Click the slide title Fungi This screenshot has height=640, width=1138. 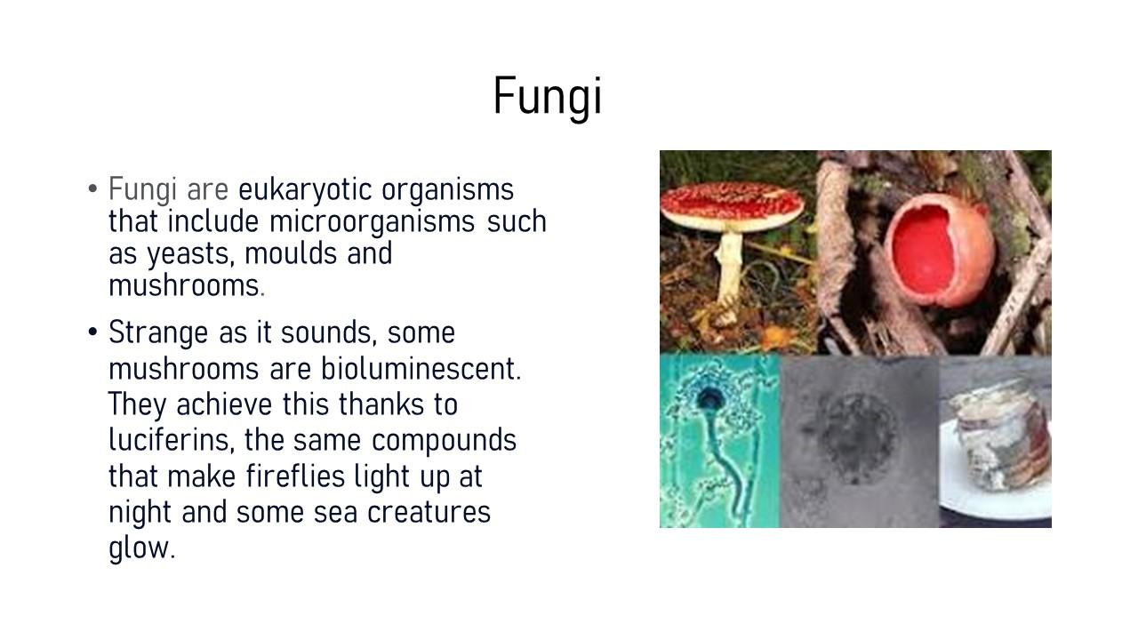548,97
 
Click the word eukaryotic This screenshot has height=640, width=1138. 305,190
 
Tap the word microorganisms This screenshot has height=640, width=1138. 372,222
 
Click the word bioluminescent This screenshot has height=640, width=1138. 421,368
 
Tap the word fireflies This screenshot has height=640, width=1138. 295,476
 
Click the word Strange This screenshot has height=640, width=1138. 158,333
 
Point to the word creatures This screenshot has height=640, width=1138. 429,513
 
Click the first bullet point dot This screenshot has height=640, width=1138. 92,189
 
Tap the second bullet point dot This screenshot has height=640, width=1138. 92,332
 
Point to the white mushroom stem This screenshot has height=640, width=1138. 730,275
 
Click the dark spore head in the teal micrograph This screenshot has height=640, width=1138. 708,399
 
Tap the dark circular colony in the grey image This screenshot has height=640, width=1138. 859,436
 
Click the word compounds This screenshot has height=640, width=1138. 444,441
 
